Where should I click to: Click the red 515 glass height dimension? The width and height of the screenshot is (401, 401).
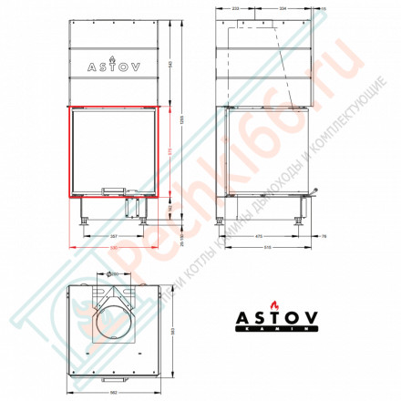171,149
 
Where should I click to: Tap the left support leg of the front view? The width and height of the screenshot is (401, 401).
85,215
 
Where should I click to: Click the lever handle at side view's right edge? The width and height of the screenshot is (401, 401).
314,193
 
